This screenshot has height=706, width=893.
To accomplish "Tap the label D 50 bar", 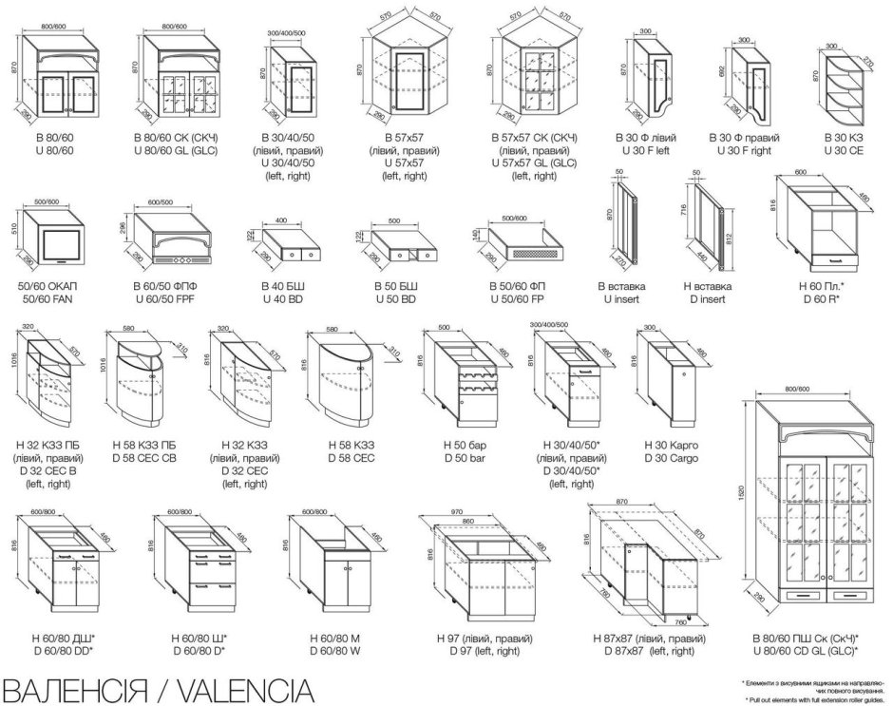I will click(465, 459).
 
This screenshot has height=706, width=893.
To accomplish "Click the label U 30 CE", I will click(843, 151).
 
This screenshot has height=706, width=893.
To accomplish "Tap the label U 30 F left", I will click(649, 151).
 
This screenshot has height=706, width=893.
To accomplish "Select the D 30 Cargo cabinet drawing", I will click(669, 380).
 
